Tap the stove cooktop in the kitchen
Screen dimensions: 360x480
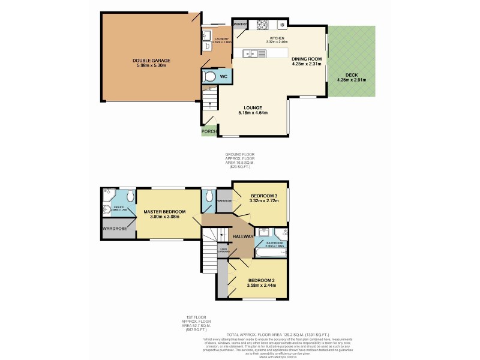pos(262,25)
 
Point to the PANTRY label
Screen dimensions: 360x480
pos(241,25)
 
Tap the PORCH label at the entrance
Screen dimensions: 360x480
pos(209,131)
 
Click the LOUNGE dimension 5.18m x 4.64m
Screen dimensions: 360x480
pos(252,113)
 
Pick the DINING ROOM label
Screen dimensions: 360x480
pos(307,59)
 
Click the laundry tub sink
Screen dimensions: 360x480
pos(207,50)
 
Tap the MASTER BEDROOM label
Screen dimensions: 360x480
pos(164,212)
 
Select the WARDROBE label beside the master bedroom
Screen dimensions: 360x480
pos(118,229)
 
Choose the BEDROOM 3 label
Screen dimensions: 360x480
pos(264,196)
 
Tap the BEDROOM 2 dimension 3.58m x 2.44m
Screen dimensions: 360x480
pos(262,284)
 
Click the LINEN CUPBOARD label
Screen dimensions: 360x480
pos(223,251)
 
